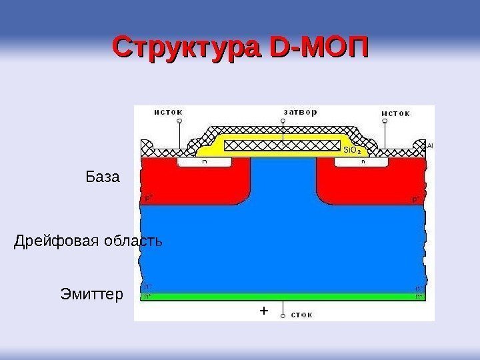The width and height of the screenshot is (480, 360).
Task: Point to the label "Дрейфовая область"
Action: [88, 241]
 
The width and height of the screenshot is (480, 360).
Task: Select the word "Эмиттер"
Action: [91, 294]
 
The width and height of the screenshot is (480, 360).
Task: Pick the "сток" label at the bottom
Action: [302, 314]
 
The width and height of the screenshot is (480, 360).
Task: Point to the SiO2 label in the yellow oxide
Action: [352, 151]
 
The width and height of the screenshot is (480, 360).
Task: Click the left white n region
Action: [203, 161]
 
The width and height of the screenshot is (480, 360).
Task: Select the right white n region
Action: [363, 161]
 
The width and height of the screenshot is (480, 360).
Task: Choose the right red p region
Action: [370, 183]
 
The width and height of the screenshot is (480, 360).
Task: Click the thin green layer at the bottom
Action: [283, 297]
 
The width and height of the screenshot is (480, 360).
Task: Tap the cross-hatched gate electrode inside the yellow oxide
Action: [283, 145]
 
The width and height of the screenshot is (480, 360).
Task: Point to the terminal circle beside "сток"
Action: [283, 314]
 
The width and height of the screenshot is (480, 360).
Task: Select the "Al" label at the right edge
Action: [430, 145]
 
